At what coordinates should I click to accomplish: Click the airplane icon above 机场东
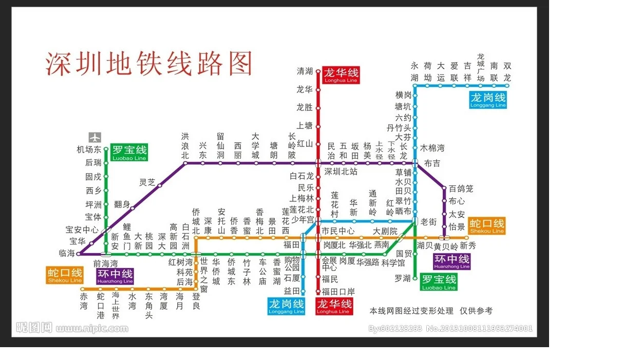coord(95,138)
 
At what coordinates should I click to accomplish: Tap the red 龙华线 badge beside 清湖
coord(341,75)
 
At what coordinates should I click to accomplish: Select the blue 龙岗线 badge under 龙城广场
coord(488,100)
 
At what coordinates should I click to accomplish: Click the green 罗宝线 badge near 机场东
coord(129,153)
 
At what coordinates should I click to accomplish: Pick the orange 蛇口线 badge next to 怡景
coord(486,225)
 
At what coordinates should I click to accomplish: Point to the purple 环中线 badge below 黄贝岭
coord(452,261)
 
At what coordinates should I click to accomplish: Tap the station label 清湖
coord(305,71)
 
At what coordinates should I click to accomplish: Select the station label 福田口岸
coord(338,291)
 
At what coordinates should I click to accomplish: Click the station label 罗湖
coord(403,278)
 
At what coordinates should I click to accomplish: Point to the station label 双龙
coord(507,72)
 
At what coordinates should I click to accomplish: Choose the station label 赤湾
coord(84,301)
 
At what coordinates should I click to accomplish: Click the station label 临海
coord(67,253)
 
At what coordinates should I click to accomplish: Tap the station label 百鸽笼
coord(461,189)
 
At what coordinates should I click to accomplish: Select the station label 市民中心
coord(338,231)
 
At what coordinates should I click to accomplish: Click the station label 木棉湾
coord(432,148)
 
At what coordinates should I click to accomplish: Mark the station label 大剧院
coord(385,231)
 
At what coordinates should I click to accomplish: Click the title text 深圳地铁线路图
coord(149,64)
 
